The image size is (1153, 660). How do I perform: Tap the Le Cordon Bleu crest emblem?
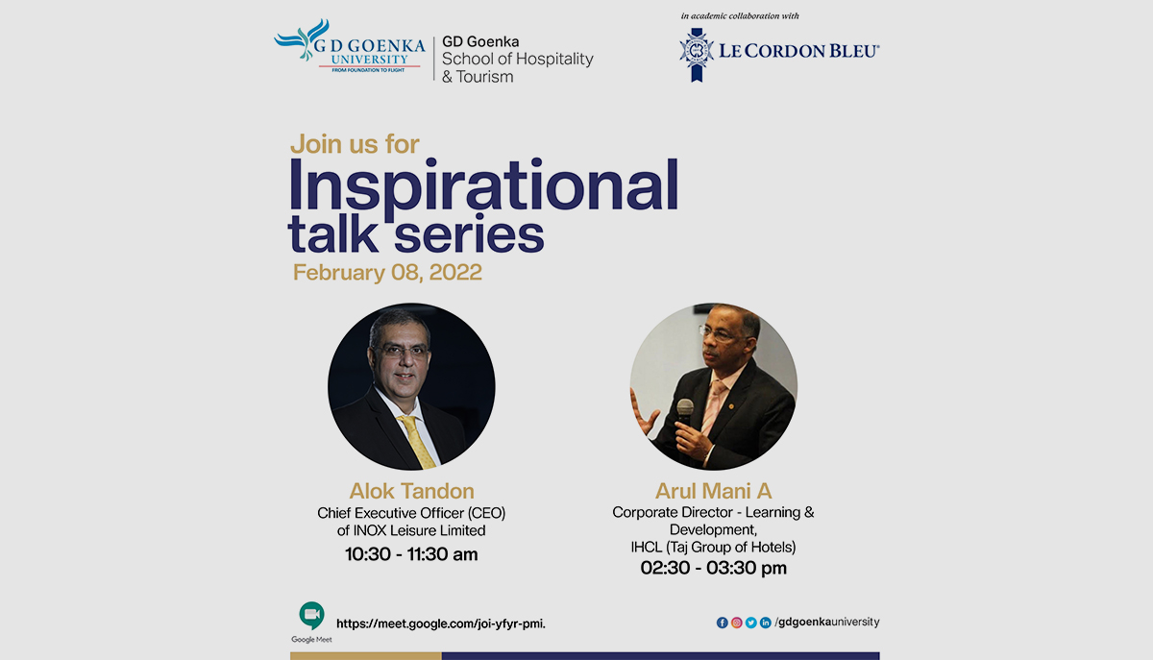pyautogui.click(x=696, y=54)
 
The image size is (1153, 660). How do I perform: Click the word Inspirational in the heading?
pyautogui.click(x=483, y=183)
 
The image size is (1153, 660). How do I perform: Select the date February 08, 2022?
pyautogui.click(x=387, y=272)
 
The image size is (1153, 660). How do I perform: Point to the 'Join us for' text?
pyautogui.click(x=355, y=144)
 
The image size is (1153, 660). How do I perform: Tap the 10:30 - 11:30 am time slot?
pyautogui.click(x=411, y=553)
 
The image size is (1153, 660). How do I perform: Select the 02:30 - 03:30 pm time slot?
pyautogui.click(x=713, y=568)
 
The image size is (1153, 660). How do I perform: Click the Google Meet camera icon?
pyautogui.click(x=311, y=615)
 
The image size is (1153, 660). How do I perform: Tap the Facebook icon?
pyautogui.click(x=723, y=623)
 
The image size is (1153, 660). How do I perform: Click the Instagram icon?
pyautogui.click(x=737, y=623)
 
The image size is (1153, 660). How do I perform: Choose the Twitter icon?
pyautogui.click(x=751, y=623)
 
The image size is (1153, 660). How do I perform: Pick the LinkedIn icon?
pyautogui.click(x=766, y=623)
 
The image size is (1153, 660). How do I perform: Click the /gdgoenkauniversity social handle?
pyautogui.click(x=826, y=622)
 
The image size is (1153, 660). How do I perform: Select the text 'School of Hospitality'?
pyautogui.click(x=517, y=60)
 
